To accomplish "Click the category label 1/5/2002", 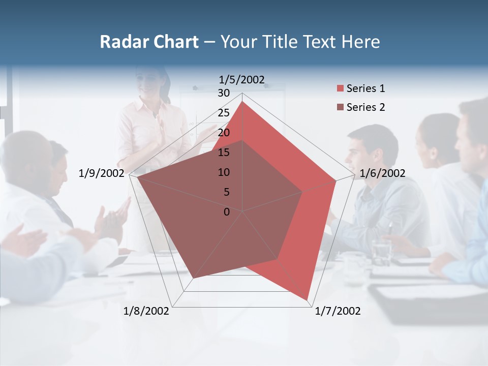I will coord(241,79).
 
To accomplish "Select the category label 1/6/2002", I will coord(382,173).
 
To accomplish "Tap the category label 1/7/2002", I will coord(338,311).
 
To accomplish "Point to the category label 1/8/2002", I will coord(146,311).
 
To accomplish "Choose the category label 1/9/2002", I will coord(102,173).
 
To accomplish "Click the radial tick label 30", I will coord(224,93).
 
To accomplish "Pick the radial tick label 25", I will coord(224,113).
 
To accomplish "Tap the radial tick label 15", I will coord(224,152).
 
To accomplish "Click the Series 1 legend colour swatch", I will coord(340,89).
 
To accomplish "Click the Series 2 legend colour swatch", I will coord(340,107).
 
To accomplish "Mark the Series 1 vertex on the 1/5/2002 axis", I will coord(242,102).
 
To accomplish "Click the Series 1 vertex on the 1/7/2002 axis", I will coord(308,300).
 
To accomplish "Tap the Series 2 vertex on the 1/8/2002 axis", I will coord(193,279).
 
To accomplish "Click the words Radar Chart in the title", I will coord(149,42).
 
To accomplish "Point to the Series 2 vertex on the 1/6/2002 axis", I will coord(302,192).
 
